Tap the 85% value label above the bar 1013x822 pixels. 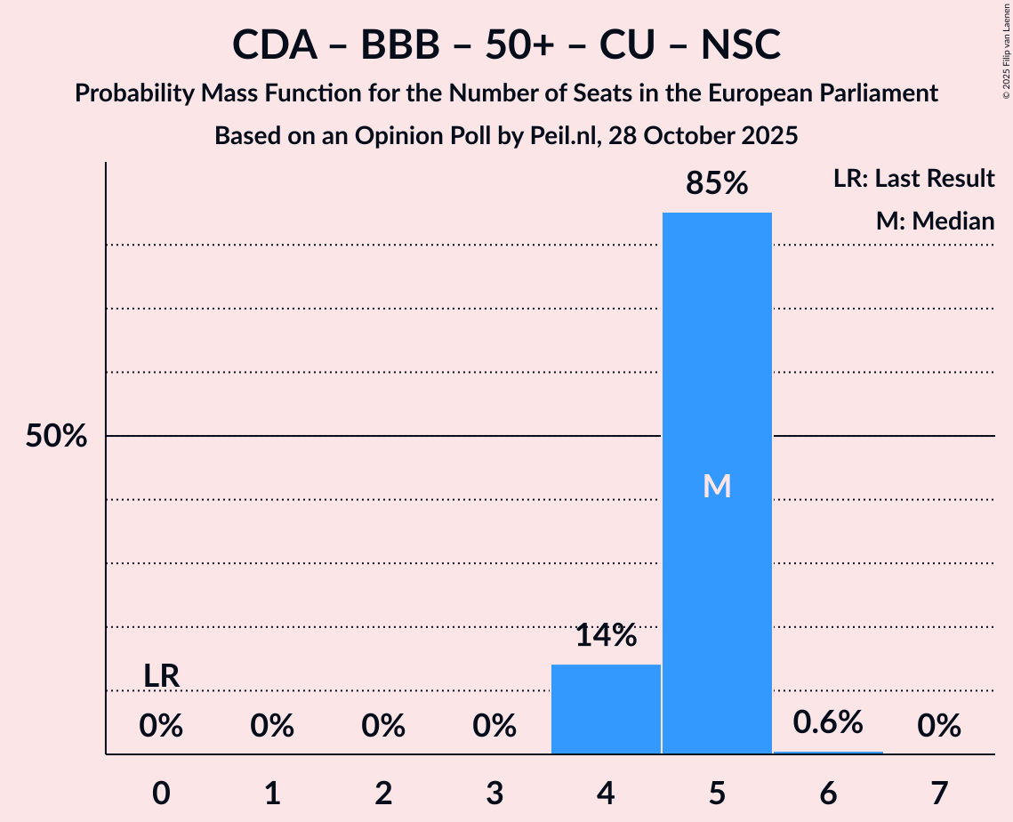717,183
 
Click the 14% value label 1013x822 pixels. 606,635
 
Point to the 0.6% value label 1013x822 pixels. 828,721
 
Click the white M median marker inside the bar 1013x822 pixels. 717,486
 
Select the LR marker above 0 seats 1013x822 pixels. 162,677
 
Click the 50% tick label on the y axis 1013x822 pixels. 56,437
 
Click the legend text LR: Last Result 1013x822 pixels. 913,179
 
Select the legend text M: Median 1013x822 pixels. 935,221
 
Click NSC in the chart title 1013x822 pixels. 740,44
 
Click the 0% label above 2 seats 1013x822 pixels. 383,727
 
